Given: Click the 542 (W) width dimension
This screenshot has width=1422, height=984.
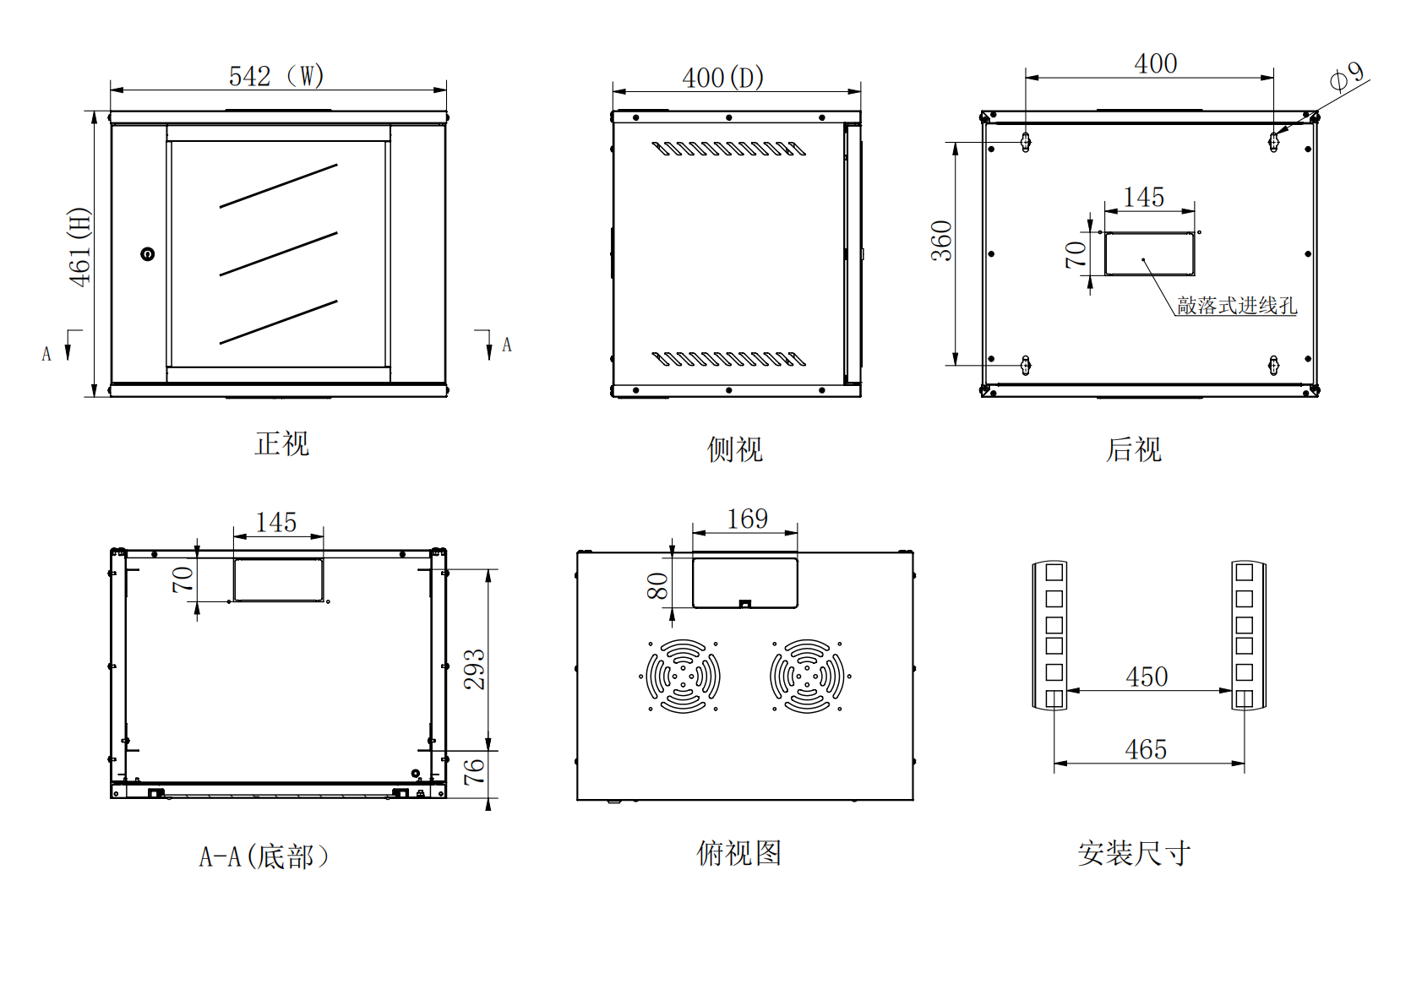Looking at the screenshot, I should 276,76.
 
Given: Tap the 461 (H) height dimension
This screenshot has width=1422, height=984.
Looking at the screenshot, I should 79,247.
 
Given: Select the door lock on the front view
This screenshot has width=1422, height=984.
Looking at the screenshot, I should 148,254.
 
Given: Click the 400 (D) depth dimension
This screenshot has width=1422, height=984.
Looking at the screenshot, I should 723,78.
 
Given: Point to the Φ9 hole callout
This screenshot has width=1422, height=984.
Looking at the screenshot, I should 1347,76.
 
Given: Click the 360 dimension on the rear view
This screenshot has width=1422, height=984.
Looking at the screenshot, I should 941,241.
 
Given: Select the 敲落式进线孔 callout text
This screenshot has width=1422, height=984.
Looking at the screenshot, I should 1237,306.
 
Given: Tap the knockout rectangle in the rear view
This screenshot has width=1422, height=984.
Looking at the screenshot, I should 1149,253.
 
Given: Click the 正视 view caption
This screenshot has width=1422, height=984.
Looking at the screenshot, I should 282,444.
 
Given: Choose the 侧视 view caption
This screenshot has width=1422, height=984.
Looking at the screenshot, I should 735,449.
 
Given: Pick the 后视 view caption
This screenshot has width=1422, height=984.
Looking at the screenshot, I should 1134,449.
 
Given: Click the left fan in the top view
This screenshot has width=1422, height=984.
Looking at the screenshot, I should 683,676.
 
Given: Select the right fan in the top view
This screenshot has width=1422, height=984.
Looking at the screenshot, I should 807,676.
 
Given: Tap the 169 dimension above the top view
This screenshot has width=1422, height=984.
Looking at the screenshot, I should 748,519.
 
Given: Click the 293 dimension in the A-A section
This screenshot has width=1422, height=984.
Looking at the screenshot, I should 475,669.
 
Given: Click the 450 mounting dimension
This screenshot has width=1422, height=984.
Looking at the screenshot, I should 1147,677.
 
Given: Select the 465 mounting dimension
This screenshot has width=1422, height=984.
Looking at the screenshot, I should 1146,749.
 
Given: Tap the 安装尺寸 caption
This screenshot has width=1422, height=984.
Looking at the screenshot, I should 1134,853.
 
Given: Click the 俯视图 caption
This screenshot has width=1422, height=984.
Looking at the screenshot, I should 739,853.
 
